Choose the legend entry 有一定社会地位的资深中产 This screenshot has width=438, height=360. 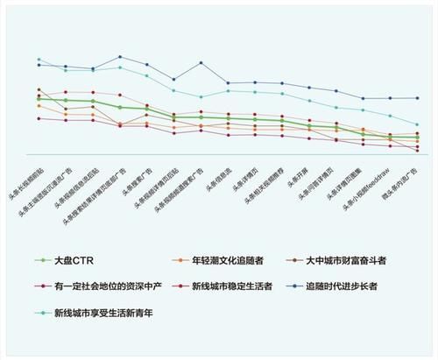(101, 286)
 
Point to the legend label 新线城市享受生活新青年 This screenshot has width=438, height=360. (103, 311)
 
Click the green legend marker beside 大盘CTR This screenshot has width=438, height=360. (40, 260)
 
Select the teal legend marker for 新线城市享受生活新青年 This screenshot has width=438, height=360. (40, 311)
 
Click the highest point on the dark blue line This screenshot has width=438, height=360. (120, 57)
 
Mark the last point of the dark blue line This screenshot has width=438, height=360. (417, 98)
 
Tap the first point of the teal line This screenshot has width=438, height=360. (39, 60)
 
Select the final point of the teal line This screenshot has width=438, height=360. (417, 124)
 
